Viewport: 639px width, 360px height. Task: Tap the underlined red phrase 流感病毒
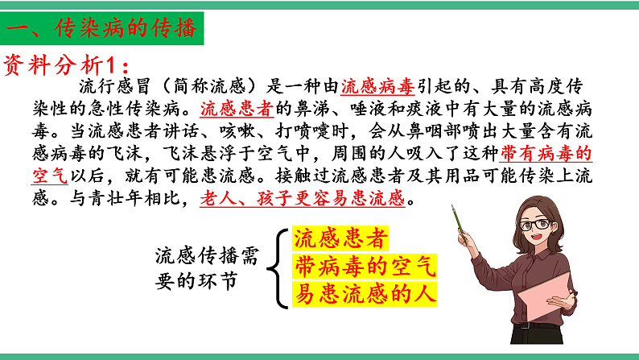[377, 86]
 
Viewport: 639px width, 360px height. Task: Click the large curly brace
[282, 267]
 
